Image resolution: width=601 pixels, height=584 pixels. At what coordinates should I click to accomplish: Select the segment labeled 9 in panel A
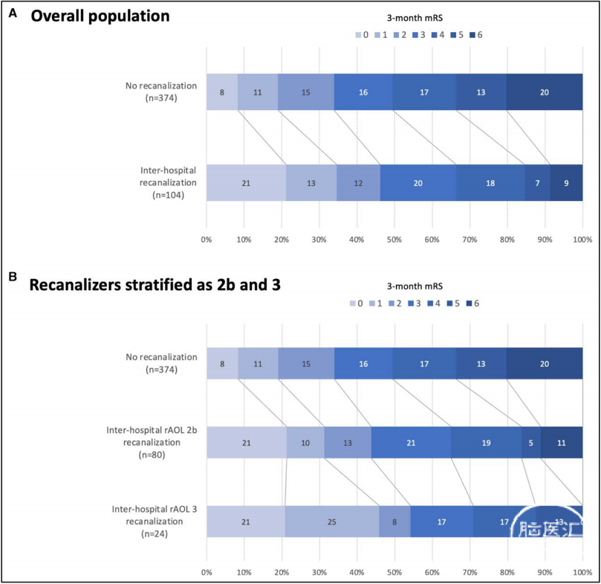566,183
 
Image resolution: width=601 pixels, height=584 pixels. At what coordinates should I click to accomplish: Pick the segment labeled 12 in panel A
358,183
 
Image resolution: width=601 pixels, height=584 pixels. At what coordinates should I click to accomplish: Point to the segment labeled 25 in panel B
331,523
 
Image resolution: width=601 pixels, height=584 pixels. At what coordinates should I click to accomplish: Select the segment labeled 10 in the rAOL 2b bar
305,444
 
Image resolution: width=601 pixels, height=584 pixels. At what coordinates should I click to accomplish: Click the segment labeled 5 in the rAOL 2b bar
531,444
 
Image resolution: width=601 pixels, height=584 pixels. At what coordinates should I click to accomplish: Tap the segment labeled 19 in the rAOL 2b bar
486,444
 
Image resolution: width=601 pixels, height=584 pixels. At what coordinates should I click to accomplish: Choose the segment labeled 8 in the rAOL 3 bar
394,523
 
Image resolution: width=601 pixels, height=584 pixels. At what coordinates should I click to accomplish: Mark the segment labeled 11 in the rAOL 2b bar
562,444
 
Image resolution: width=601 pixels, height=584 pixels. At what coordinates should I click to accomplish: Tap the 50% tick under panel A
394,240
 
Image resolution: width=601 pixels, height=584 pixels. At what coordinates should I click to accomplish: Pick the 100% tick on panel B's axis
582,573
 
